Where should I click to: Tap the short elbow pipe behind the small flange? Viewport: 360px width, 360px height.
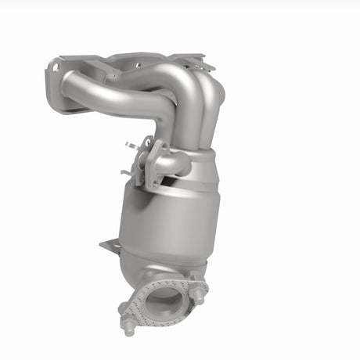[x=174, y=163]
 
